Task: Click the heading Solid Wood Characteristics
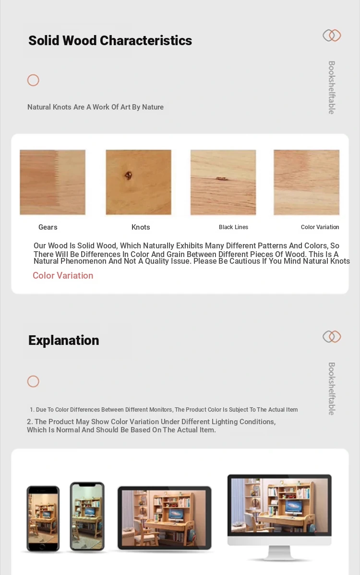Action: click(110, 41)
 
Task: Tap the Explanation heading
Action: click(63, 341)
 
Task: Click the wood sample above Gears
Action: click(52, 182)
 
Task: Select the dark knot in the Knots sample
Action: click(129, 175)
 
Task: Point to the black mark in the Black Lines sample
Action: click(221, 178)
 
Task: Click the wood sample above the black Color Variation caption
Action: click(306, 182)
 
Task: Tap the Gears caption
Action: click(48, 227)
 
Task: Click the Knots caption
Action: click(141, 227)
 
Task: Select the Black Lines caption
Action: click(233, 227)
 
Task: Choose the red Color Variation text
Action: click(63, 276)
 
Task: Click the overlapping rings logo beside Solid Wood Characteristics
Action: click(332, 36)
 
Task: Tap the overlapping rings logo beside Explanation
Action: click(332, 337)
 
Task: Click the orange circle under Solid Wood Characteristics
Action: click(33, 80)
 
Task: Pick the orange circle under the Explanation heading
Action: click(33, 381)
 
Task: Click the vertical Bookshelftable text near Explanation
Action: click(332, 389)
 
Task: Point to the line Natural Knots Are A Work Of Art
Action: click(96, 107)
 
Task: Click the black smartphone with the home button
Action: click(43, 519)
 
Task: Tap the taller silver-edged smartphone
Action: click(87, 516)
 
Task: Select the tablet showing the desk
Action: click(164, 517)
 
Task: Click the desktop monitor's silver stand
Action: click(279, 553)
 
